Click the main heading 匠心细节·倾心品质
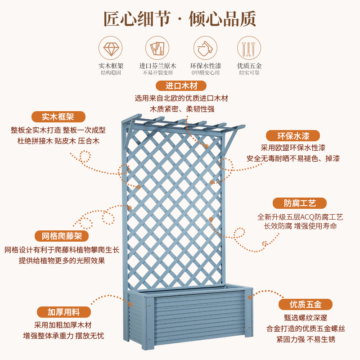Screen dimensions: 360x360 coord(180,19)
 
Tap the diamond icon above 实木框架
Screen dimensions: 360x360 coord(111,48)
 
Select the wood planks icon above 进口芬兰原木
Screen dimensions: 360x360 coord(157,48)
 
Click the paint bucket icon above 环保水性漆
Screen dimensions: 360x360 coord(205,48)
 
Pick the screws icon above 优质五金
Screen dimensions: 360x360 coord(249,48)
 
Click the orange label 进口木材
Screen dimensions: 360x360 coord(181,86)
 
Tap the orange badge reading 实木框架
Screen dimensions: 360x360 coord(58,117)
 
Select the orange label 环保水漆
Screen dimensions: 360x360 coord(293,136)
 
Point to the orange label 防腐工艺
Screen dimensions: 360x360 coord(300,203)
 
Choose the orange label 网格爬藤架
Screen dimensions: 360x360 coord(62,236)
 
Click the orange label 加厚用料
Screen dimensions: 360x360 coord(63,312)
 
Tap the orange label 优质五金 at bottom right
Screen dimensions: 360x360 coord(306,305)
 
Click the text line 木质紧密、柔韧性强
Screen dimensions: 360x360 coord(182,109)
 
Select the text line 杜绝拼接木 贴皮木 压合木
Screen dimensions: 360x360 coord(58,141)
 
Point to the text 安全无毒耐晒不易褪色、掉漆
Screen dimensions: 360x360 coord(293,158)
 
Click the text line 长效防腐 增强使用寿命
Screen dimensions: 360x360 coord(300,226)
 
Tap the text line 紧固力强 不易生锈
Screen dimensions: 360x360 coord(306,339)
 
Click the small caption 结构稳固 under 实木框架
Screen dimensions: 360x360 coord(111,72)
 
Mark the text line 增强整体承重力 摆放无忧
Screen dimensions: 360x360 coord(63,336)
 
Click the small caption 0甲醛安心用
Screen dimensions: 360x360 coord(205,72)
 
